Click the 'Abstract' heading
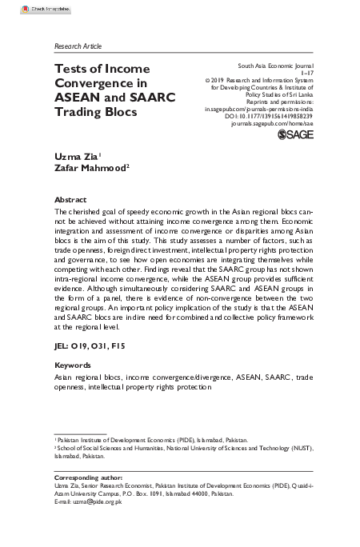pos(70,198)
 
